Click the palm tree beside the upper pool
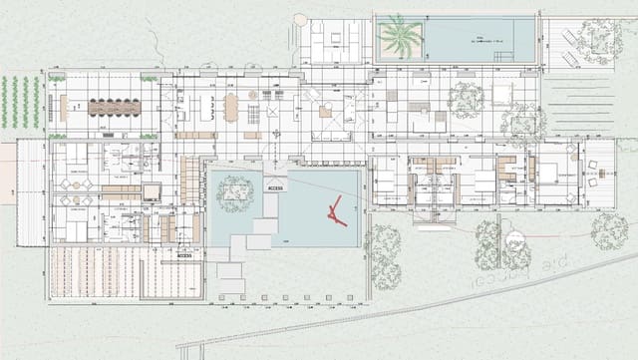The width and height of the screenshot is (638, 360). pos(400,38)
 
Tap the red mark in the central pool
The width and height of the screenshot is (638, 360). pos(336,212)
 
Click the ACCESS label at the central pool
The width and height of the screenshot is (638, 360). pos(276,186)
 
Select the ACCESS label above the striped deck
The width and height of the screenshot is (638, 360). pos(183,255)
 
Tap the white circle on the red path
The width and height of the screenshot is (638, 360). pos(514,240)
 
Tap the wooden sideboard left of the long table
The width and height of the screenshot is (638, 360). pos(66,105)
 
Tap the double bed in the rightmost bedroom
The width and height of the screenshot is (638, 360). pos(549,171)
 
